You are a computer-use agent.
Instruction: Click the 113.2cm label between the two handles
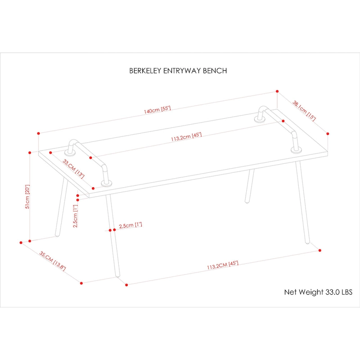(x=186, y=137)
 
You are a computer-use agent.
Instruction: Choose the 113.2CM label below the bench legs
(x=222, y=265)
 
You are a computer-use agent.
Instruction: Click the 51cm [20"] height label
(x=27, y=197)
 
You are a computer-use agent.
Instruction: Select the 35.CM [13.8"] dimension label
(x=53, y=261)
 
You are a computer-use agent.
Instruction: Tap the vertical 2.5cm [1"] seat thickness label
(x=76, y=216)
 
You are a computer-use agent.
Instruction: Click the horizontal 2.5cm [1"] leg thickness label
(x=130, y=225)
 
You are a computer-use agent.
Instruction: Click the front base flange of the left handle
(x=107, y=183)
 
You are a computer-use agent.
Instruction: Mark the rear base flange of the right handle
(x=261, y=120)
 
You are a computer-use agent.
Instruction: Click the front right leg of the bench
(x=302, y=202)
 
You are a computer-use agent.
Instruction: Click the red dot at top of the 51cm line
(x=29, y=153)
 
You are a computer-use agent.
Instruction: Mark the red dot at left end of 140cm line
(x=39, y=134)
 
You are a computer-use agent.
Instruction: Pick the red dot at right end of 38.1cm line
(x=328, y=134)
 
